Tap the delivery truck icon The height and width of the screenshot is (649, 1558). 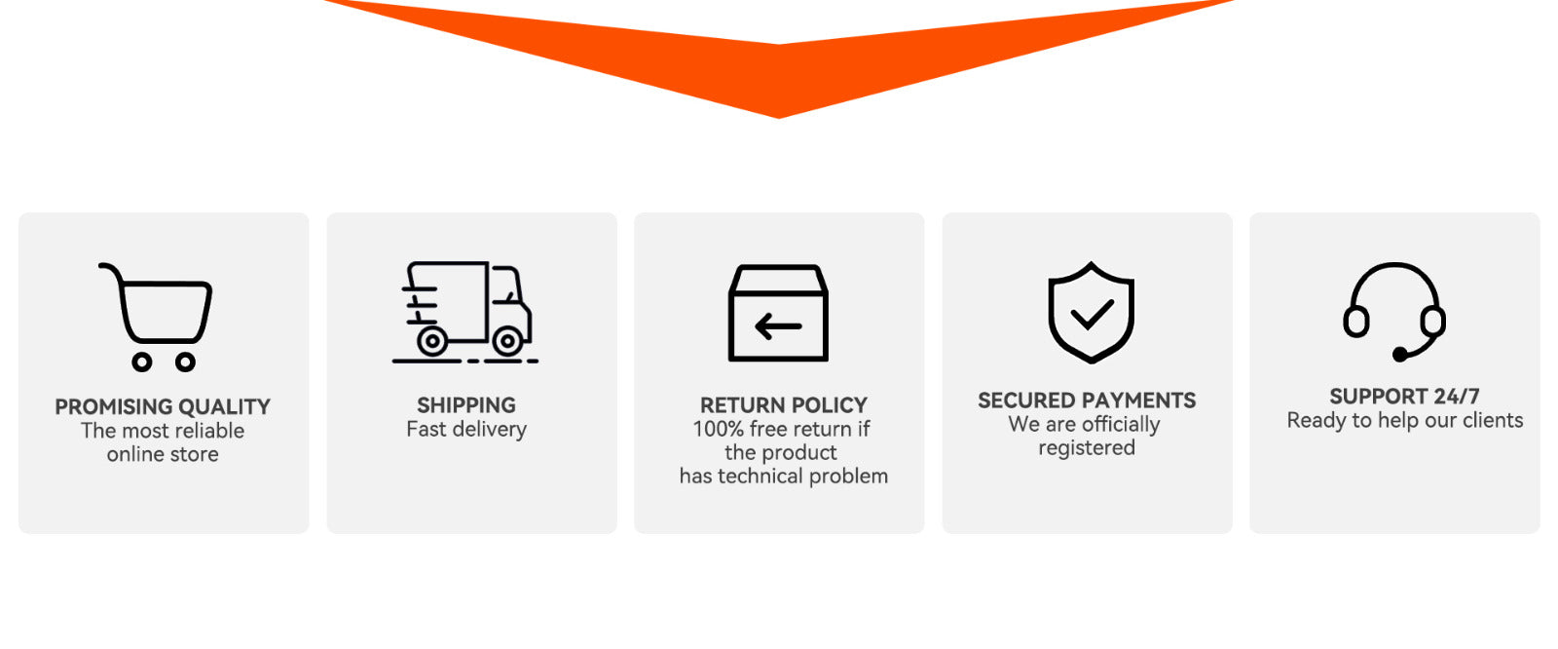pos(465,310)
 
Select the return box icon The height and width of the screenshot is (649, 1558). pos(778,314)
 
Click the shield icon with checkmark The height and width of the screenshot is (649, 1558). pos(1091,312)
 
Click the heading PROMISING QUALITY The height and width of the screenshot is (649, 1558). pos(163,406)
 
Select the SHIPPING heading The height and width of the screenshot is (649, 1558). pos(466,404)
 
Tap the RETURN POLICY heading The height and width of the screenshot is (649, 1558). pos(783,404)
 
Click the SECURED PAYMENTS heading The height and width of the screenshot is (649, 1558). pos(1087,401)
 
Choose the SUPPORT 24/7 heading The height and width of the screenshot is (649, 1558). pos(1404,397)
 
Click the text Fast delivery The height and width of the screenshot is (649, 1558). pos(466,429)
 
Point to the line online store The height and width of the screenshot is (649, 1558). pos(163,454)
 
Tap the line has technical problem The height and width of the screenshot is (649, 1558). pos(783,476)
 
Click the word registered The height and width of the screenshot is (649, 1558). pos(1087,448)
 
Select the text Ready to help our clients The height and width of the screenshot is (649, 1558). pos(1404,420)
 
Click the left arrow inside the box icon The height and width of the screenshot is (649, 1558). pos(778,325)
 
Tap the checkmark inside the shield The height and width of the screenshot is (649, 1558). pos(1092,314)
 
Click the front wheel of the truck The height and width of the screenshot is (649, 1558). pos(507,341)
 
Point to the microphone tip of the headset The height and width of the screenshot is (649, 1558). pos(1400,354)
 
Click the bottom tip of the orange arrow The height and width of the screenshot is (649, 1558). pos(779,116)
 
